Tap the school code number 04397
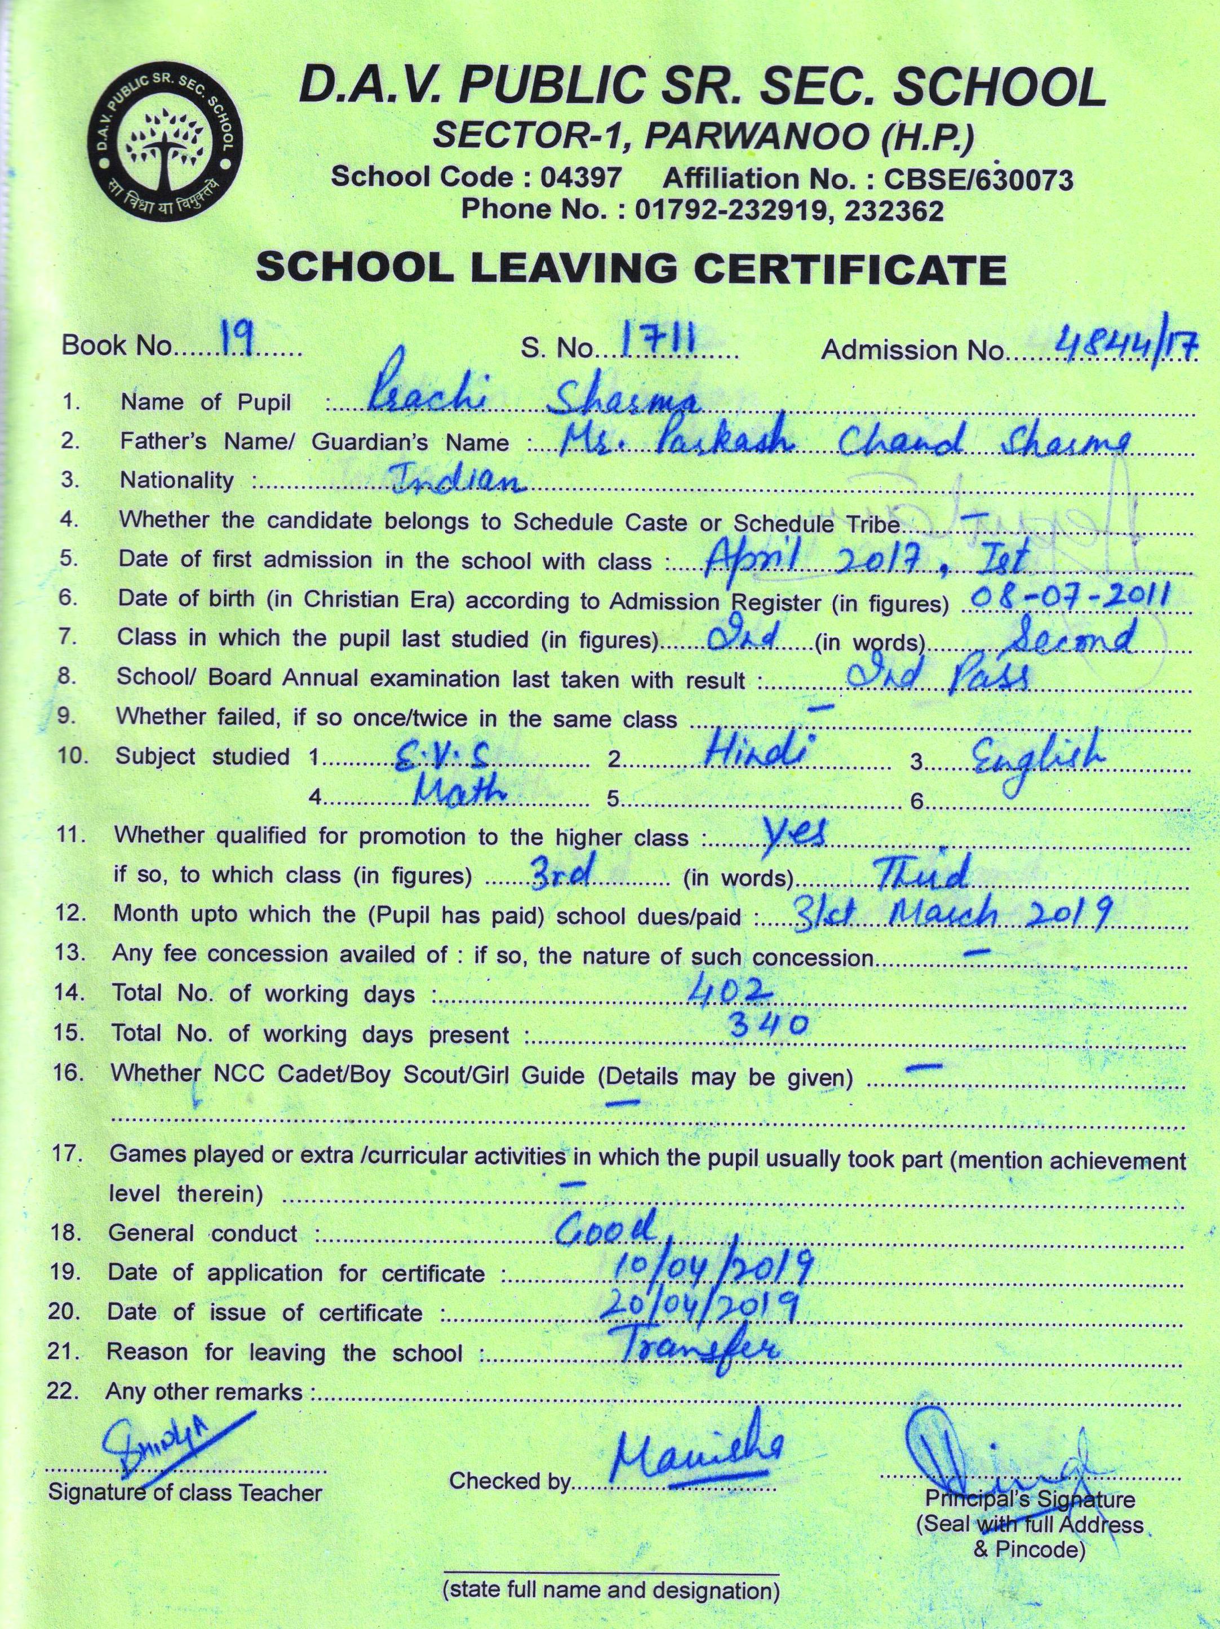coord(581,178)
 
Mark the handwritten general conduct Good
coord(605,1228)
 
